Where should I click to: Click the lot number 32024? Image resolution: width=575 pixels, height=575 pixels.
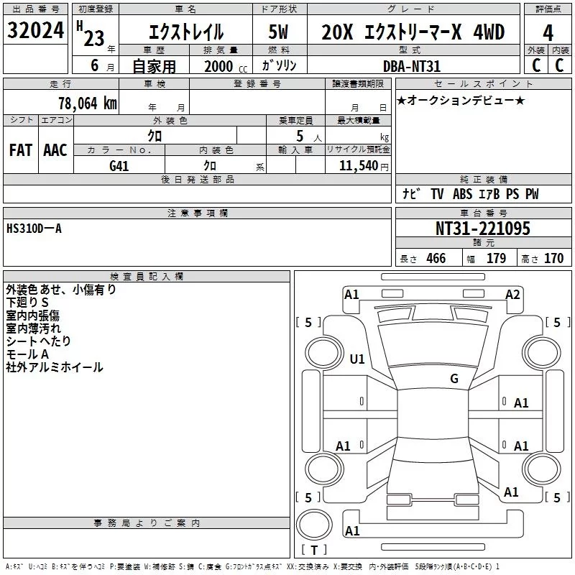(35, 30)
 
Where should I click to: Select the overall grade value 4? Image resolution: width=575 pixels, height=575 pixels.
(548, 33)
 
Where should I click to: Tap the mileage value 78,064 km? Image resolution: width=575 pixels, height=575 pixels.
(88, 103)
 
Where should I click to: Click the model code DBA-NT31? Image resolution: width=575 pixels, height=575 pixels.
(411, 66)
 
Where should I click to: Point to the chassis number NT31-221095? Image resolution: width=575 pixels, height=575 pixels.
(482, 229)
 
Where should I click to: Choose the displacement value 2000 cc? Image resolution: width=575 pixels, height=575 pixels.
(226, 67)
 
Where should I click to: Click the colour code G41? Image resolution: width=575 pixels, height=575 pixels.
(119, 166)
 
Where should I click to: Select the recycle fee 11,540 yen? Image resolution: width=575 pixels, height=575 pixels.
(364, 166)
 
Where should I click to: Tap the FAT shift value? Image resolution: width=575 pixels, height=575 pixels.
(21, 150)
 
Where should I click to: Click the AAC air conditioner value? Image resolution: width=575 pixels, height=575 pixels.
(55, 150)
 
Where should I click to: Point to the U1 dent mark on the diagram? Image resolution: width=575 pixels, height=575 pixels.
(357, 359)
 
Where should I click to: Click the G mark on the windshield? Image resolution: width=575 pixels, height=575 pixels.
(454, 379)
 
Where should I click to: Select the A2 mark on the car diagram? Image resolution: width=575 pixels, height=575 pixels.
(512, 295)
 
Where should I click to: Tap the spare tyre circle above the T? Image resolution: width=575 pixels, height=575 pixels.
(314, 524)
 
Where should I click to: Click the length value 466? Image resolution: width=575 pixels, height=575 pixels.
(436, 258)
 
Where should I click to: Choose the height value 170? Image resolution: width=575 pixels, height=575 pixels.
(553, 258)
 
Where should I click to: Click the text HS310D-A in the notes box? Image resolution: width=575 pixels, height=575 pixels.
(34, 229)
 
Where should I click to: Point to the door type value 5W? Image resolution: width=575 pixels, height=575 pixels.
(278, 32)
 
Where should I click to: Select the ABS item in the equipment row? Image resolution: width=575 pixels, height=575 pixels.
(462, 193)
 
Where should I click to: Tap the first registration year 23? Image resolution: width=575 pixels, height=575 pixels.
(94, 38)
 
